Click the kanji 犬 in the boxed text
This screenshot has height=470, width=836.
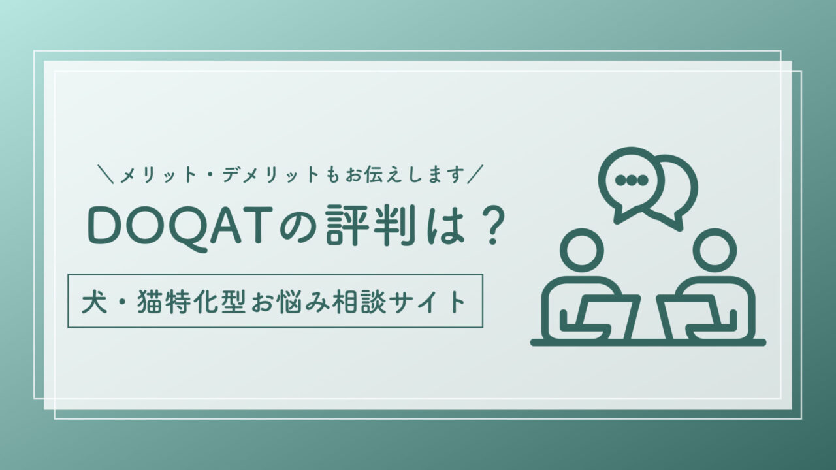[95, 302]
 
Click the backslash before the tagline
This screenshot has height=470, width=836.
[106, 174]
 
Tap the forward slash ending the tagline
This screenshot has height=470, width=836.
[475, 174]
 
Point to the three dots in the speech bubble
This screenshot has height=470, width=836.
[631, 180]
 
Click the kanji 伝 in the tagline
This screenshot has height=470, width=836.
[376, 175]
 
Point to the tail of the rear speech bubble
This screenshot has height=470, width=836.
[675, 223]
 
